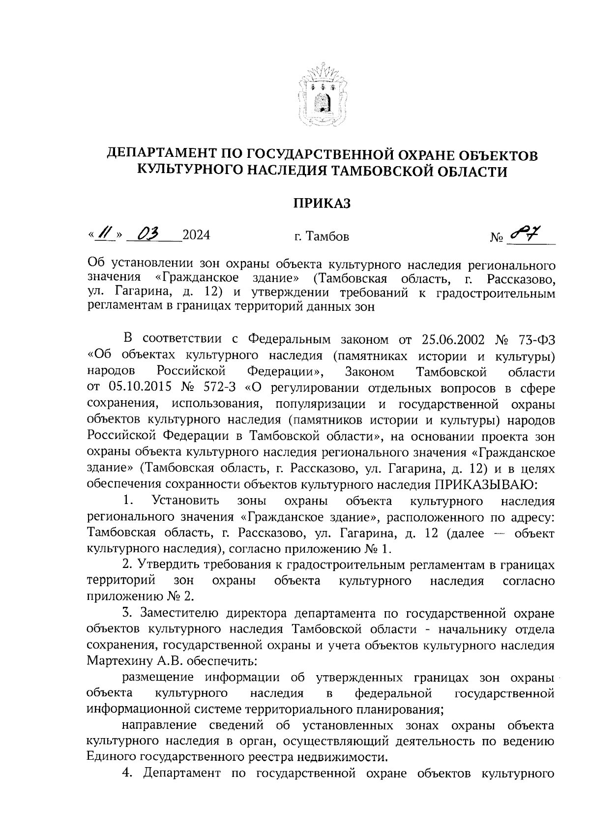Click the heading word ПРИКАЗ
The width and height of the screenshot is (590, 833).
pyautogui.click(x=322, y=203)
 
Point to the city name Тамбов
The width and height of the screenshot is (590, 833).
pyautogui.click(x=327, y=237)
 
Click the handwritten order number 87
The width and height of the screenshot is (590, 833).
pyautogui.click(x=524, y=235)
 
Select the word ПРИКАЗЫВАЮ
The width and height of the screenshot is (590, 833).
pyautogui.click(x=487, y=484)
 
